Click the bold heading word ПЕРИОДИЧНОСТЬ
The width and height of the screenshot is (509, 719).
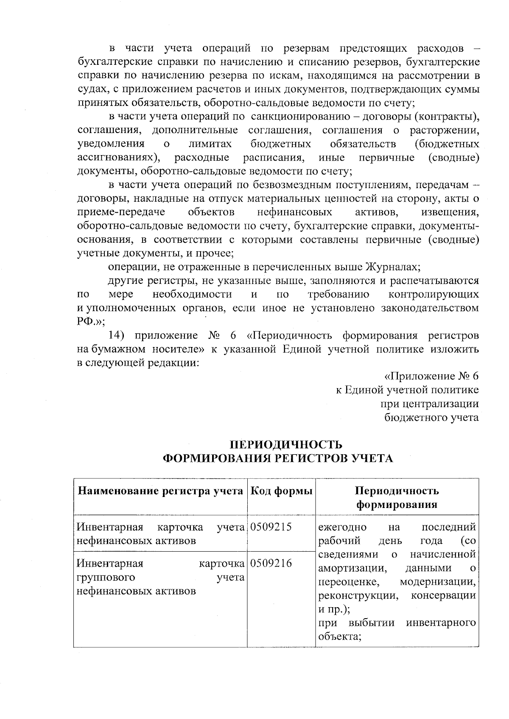click(x=286, y=444)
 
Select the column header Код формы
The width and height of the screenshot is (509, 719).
click(x=282, y=491)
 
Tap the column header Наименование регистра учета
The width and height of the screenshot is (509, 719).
click(x=160, y=491)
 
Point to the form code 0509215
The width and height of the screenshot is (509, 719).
click(x=271, y=527)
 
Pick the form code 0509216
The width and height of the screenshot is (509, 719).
click(x=271, y=564)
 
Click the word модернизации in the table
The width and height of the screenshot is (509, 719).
click(x=438, y=582)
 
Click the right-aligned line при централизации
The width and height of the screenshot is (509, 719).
click(x=430, y=404)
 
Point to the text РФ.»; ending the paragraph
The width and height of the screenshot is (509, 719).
click(x=91, y=321)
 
